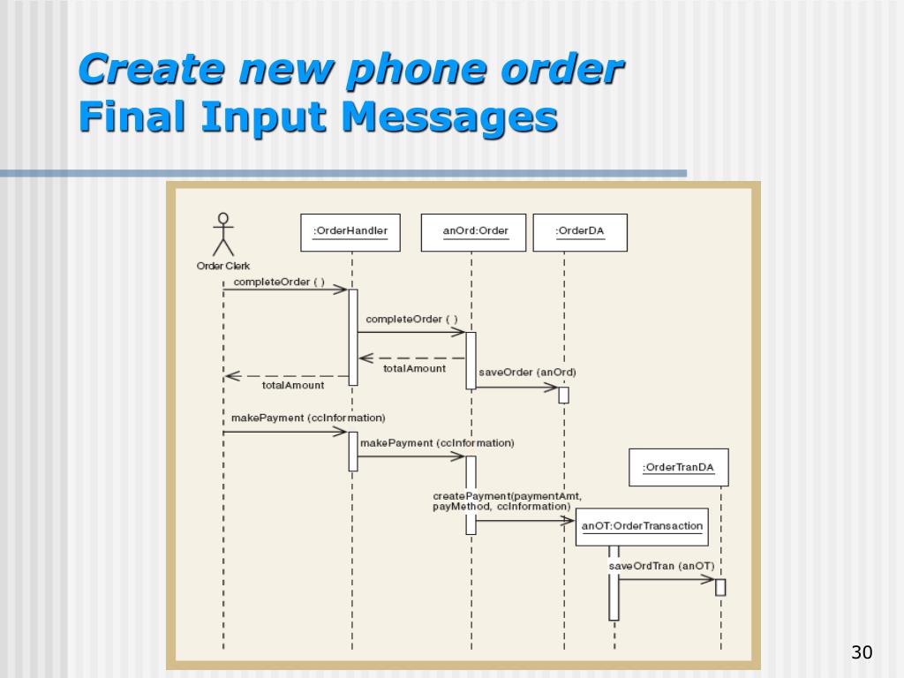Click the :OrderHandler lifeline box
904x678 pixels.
point(350,232)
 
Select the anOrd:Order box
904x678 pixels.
point(473,232)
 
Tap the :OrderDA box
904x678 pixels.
point(580,232)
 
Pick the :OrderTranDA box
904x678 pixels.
point(678,467)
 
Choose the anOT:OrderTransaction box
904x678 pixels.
point(643,526)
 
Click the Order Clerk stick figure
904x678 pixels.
point(223,234)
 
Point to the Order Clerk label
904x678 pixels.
point(223,266)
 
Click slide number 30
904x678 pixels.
point(861,653)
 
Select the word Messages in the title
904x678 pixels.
point(449,117)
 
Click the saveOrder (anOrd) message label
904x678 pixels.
point(527,372)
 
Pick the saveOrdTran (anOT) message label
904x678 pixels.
point(661,566)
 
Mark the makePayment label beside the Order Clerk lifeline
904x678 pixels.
point(308,417)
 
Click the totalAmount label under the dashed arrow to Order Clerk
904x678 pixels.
point(293,385)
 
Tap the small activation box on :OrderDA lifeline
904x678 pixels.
point(563,395)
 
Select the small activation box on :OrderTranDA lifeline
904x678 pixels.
point(720,587)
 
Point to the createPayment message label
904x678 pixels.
point(507,501)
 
